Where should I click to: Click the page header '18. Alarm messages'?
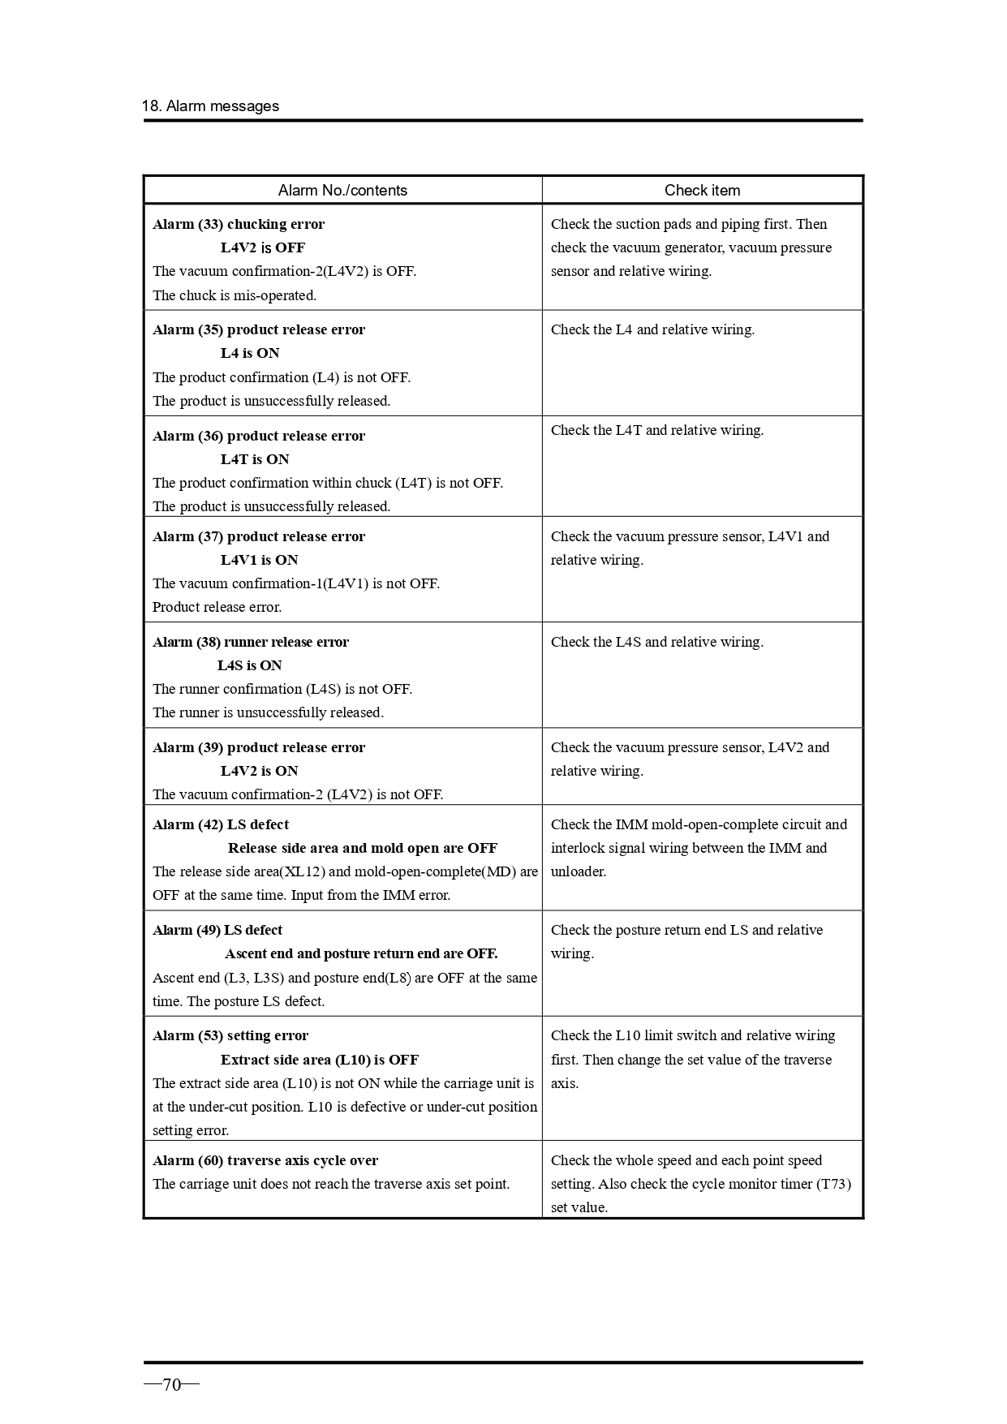coord(210,106)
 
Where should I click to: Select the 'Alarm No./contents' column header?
coord(342,191)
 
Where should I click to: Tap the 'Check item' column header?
coord(702,191)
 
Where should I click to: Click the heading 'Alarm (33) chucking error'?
coord(239,224)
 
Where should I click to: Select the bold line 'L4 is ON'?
coord(250,353)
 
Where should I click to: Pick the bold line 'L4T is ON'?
coord(255,459)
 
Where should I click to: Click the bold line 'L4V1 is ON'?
coord(260,560)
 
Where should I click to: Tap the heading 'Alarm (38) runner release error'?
coord(251,642)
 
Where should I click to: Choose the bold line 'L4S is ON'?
coord(250,665)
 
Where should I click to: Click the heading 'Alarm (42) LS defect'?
coord(221,824)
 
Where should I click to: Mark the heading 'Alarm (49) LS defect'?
coord(217,930)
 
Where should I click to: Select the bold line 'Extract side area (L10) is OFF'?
coord(320,1060)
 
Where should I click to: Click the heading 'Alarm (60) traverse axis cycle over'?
coord(265,1160)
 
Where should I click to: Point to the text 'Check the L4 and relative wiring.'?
coord(652,329)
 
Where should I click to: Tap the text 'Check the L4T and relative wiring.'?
coord(657,430)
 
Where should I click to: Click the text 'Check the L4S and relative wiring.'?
coord(657,642)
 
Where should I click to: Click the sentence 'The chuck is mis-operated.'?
coord(235,295)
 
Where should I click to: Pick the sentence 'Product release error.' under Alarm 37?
coord(217,607)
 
